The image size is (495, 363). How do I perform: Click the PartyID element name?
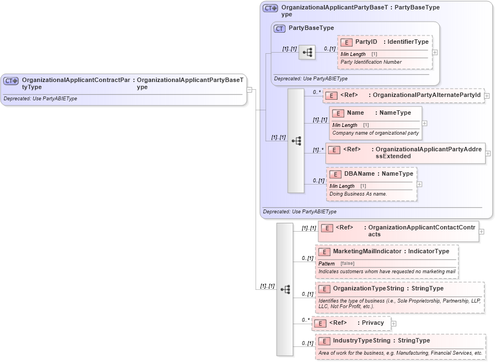pos(366,42)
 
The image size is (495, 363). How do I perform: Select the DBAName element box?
pos(371,183)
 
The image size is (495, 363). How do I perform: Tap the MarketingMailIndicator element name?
pos(367,252)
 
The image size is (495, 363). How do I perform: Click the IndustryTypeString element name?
pos(361,340)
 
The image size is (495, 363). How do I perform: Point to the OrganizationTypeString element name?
pos(368,288)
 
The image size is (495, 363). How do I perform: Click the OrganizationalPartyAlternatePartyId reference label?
pos(426,95)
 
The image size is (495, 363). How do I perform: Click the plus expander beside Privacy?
pos(394,323)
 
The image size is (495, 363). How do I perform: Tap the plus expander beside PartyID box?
pos(435,52)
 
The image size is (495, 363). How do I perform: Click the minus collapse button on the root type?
pos(250,90)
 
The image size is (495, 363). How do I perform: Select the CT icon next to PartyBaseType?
pos(280,28)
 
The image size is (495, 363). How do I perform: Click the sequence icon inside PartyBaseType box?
pos(307,52)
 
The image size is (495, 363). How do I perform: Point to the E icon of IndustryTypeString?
pos(324,341)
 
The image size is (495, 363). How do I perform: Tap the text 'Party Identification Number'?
pos(371,62)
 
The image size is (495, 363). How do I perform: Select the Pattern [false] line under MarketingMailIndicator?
pos(336,263)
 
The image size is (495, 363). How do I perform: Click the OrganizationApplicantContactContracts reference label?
pos(421,231)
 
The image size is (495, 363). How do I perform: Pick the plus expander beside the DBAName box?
pos(420,184)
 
